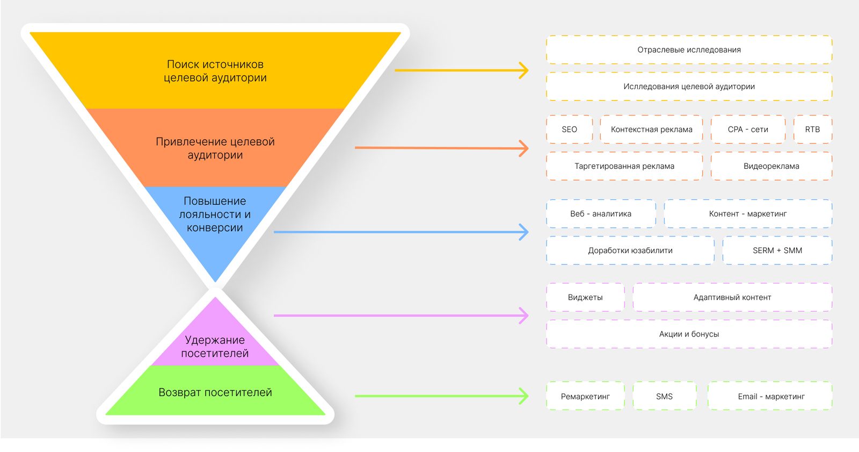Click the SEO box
(x=569, y=130)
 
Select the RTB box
(x=812, y=130)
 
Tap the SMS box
(x=664, y=397)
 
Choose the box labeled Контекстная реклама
(x=651, y=130)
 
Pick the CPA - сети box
(x=748, y=130)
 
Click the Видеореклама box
(x=771, y=166)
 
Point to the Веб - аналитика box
(x=601, y=214)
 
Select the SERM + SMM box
(x=777, y=250)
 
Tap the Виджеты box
(x=585, y=297)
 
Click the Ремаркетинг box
(x=585, y=397)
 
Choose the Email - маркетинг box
(x=770, y=397)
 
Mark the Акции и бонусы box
(x=689, y=334)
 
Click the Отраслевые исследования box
(x=689, y=50)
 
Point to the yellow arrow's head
(x=525, y=70)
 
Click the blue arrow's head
(x=525, y=232)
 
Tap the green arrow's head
(x=525, y=396)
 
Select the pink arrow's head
(x=525, y=315)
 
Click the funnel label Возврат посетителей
(x=215, y=392)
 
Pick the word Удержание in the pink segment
(x=215, y=340)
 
